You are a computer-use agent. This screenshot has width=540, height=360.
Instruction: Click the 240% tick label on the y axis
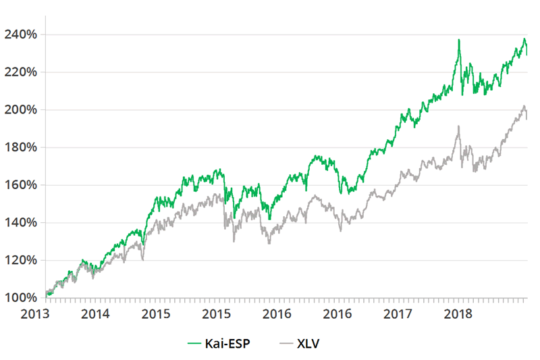click(x=22, y=34)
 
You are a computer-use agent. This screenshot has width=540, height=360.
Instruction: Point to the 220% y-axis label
click(x=22, y=72)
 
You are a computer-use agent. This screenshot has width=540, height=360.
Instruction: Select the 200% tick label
click(x=22, y=109)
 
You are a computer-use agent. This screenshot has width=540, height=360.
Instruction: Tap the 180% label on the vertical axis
click(x=22, y=147)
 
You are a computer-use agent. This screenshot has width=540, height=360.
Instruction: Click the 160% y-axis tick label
click(x=22, y=185)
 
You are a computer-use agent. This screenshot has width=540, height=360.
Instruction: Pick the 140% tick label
click(x=22, y=222)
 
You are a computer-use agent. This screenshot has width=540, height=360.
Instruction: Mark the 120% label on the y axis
click(x=22, y=260)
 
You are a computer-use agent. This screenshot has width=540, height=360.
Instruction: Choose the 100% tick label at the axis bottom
click(x=22, y=298)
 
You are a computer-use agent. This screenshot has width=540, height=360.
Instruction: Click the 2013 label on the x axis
click(x=36, y=314)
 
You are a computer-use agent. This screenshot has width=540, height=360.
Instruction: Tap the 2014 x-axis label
click(x=95, y=314)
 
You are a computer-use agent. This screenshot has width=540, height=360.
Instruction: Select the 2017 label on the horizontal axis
click(x=398, y=314)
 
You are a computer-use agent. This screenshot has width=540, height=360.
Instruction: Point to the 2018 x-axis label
click(x=459, y=314)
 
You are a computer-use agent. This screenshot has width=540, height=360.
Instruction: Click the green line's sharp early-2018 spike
click(x=459, y=41)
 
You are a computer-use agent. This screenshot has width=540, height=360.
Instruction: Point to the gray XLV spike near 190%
click(x=459, y=126)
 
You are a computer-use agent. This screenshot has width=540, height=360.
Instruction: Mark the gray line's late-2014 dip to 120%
click(x=142, y=259)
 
